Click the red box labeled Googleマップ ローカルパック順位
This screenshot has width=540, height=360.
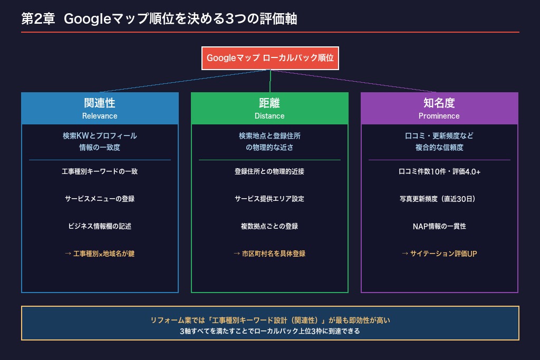pos(270,58)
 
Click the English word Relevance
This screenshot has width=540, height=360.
pos(100,116)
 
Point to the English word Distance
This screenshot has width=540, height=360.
pos(269,116)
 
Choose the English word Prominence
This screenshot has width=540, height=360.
pos(439,116)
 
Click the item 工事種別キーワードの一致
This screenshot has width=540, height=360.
pos(100,171)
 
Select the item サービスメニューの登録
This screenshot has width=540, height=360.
pos(100,199)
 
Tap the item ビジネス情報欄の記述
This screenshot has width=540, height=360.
pos(100,226)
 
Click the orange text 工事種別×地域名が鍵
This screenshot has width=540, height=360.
pos(104,254)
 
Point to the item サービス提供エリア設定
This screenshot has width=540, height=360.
pos(269,199)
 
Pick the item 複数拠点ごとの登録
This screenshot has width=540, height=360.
pos(269,226)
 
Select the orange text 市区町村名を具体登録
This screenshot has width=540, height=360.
pos(274,254)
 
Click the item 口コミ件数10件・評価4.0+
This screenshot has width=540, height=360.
pos(439,171)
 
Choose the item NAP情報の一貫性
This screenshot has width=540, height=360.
pos(439,226)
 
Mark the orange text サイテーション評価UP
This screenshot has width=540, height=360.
pos(443,254)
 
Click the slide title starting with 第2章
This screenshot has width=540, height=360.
pos(159,18)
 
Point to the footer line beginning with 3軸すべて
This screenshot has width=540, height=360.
pos(269,331)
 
